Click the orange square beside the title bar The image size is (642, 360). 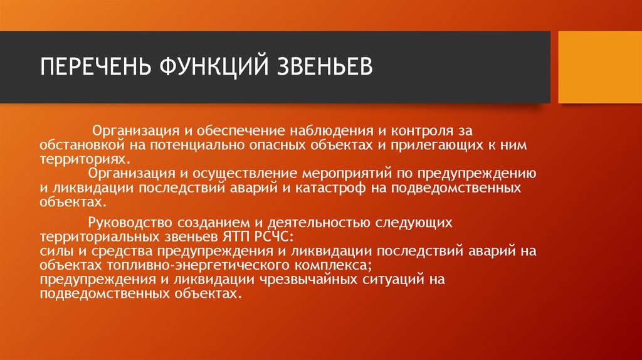[599, 67]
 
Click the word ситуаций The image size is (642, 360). [392, 279]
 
